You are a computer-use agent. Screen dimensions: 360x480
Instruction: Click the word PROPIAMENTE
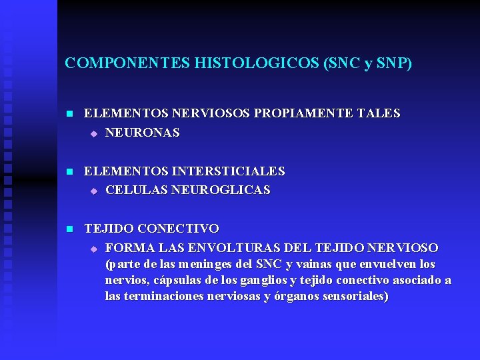311,114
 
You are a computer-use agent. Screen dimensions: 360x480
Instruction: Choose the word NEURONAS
142,133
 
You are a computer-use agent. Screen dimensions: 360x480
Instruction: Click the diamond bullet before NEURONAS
94,133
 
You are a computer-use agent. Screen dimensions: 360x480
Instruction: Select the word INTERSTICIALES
228,171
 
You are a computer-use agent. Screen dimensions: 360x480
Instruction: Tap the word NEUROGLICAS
221,190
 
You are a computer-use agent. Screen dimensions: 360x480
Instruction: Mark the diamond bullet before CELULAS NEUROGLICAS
94,191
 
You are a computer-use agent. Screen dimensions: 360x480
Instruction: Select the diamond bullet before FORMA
94,249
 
